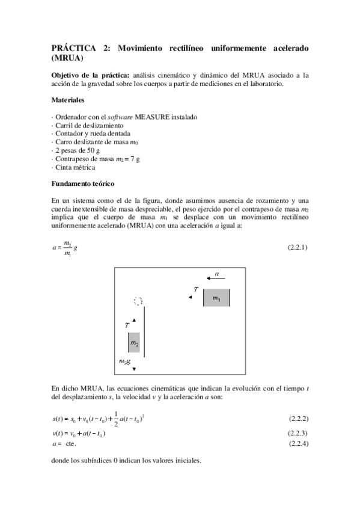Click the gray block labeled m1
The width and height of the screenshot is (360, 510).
click(216, 298)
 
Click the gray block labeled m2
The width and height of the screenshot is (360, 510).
click(134, 343)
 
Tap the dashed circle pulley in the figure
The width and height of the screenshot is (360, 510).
click(138, 301)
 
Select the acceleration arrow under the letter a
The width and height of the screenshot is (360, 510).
click(216, 278)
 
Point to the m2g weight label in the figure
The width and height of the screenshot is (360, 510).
click(126, 361)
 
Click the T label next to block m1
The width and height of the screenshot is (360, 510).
click(196, 290)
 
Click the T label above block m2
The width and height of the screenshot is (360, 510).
click(127, 325)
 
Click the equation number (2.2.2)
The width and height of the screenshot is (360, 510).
click(298, 418)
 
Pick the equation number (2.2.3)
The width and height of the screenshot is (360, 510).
click(298, 433)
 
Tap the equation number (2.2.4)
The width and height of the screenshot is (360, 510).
click(298, 443)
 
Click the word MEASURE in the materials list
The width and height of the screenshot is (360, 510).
click(156, 117)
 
